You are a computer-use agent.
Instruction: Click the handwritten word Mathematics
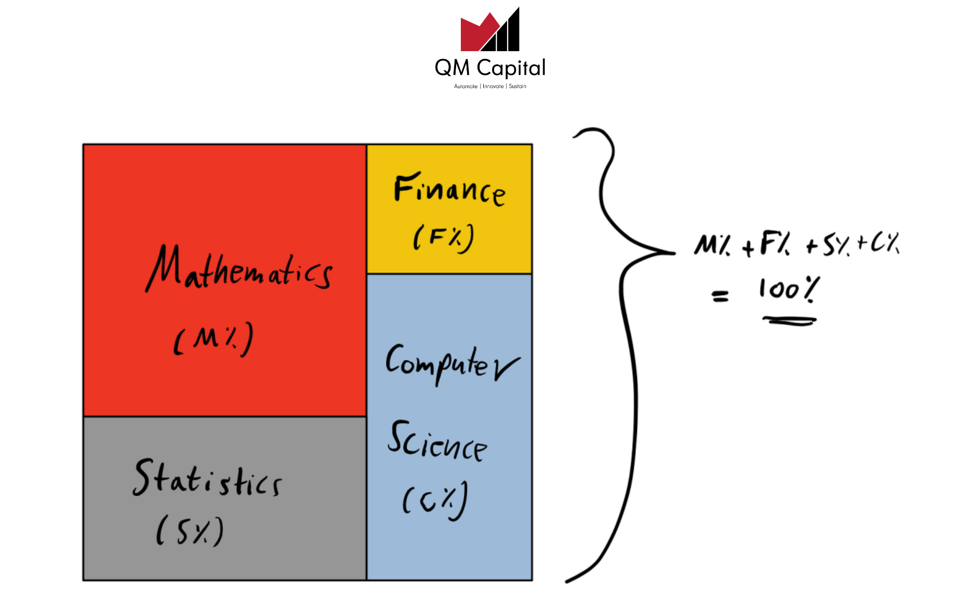tap(239, 268)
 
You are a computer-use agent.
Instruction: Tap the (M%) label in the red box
tap(214, 339)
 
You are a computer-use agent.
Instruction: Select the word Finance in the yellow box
tap(449, 189)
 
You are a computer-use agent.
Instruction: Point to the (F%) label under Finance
tap(444, 238)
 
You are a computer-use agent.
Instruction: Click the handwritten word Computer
tap(452, 364)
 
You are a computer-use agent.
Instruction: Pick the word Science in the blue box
tap(437, 441)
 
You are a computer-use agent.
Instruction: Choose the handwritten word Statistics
tap(207, 478)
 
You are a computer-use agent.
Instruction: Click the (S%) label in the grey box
tap(190, 531)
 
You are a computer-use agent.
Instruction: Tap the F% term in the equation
tap(775, 244)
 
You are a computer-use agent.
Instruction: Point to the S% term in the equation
tap(836, 245)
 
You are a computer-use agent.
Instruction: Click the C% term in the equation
tap(885, 243)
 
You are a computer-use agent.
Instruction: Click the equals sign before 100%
tap(720, 296)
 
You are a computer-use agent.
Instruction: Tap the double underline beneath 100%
tap(789, 321)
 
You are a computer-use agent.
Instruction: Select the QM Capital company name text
tap(490, 68)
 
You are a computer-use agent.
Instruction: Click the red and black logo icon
tap(490, 29)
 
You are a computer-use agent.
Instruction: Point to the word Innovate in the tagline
tap(493, 86)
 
